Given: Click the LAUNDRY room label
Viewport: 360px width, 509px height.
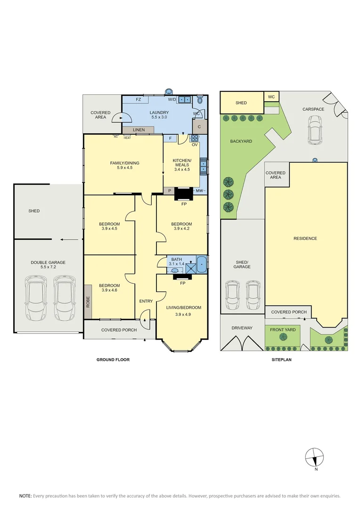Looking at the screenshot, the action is tap(159, 113).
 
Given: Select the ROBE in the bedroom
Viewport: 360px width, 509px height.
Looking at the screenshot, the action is tap(88, 302).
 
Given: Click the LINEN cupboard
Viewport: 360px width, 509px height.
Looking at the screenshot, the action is tap(138, 130).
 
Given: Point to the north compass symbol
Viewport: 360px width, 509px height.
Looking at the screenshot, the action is tap(315, 457).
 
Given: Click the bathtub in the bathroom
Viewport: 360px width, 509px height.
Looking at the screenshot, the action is tap(202, 264).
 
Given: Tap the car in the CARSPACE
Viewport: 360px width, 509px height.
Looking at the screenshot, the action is tap(315, 130).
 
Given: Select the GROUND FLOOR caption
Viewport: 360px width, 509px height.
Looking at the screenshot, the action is tap(113, 360).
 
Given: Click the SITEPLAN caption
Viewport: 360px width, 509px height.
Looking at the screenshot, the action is tap(281, 360).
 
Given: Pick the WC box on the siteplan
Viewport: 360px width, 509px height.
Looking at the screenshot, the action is tap(271, 97).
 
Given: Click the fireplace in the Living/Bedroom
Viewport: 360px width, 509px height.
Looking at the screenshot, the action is tap(183, 277).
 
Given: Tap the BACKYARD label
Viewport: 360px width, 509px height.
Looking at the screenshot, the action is tap(241, 141).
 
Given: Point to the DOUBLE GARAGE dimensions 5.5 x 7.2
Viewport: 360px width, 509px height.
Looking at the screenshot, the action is tap(48, 267).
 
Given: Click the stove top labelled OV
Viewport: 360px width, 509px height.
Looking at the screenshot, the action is tap(195, 138).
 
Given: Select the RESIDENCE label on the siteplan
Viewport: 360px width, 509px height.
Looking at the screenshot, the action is tap(305, 238).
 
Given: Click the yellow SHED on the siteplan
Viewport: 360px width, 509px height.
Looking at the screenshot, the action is tap(242, 103).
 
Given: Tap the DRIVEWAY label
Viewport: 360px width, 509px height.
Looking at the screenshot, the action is tap(242, 328).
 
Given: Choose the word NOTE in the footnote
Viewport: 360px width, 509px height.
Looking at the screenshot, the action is tap(25, 496).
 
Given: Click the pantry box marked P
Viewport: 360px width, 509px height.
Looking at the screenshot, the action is tap(170, 191).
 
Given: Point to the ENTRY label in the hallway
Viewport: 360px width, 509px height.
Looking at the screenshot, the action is tap(146, 301).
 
